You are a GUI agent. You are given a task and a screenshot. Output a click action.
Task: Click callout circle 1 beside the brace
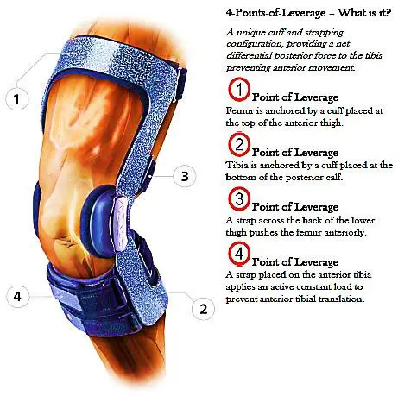[16, 98]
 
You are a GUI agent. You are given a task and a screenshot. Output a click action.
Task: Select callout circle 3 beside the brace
[183, 177]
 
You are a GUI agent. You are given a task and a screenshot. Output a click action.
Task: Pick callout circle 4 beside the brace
[16, 296]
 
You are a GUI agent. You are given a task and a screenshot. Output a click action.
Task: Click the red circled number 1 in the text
[237, 91]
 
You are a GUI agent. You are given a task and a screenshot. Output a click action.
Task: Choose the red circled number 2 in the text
[237, 144]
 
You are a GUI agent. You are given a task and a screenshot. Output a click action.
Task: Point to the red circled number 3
[237, 199]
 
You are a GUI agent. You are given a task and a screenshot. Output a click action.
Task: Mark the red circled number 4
[237, 255]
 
